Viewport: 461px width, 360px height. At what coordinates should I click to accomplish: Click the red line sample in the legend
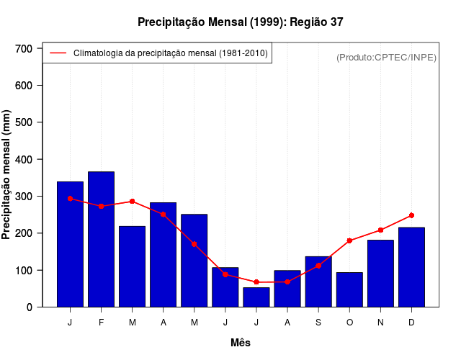pyautogui.click(x=58, y=53)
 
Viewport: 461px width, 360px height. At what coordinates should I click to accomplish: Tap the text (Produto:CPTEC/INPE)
pyautogui.click(x=387, y=57)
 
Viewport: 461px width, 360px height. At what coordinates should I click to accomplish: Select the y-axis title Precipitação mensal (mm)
pyautogui.click(x=8, y=179)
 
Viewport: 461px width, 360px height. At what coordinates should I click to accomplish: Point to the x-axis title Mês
pyautogui.click(x=241, y=343)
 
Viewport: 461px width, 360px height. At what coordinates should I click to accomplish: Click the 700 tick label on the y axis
pyautogui.click(x=24, y=48)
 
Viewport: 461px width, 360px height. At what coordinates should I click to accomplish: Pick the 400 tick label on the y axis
pyautogui.click(x=24, y=159)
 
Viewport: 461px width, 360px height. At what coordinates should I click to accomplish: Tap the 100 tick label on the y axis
pyautogui.click(x=24, y=270)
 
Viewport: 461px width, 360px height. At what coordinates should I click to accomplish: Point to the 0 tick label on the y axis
pyautogui.click(x=30, y=307)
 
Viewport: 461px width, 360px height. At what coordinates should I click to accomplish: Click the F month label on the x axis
pyautogui.click(x=101, y=323)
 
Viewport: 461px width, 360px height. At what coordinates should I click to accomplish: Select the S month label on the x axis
pyautogui.click(x=318, y=323)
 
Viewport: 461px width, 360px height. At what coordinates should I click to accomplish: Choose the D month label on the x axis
pyautogui.click(x=411, y=323)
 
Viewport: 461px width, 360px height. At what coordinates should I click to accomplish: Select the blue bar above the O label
pyautogui.click(x=349, y=289)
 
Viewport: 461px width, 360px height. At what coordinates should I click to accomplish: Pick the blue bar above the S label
pyautogui.click(x=318, y=282)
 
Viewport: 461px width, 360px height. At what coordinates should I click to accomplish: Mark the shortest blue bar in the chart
pyautogui.click(x=256, y=297)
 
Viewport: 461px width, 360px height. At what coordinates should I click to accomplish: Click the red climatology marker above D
pyautogui.click(x=411, y=215)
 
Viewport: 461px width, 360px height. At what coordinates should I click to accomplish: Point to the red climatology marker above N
pyautogui.click(x=380, y=230)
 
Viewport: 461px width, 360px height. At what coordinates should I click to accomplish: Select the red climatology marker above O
pyautogui.click(x=349, y=240)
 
